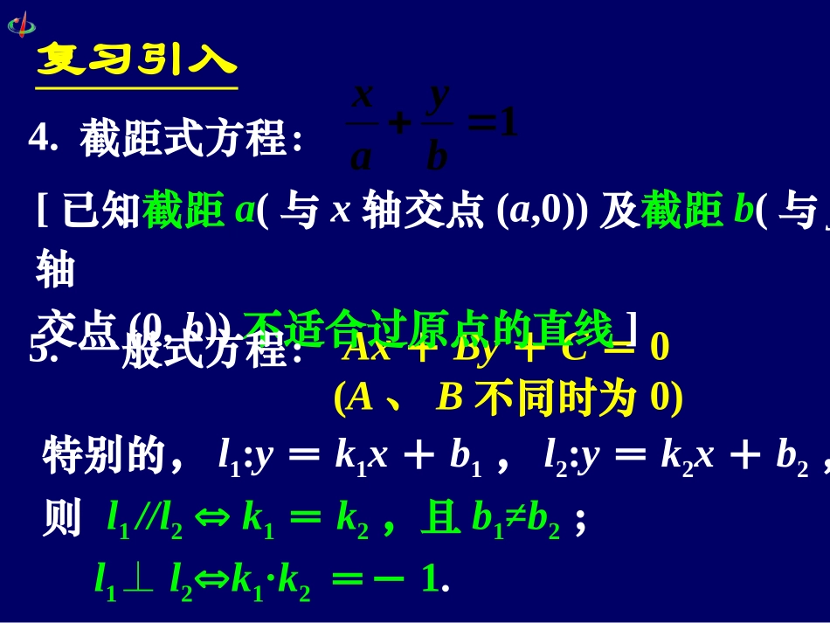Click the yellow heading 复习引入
tap(136, 60)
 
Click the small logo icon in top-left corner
tap(22, 24)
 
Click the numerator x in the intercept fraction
tap(363, 93)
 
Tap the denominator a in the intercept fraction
tap(361, 157)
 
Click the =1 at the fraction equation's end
tap(494, 125)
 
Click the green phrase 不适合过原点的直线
tap(429, 330)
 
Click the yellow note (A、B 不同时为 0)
tap(508, 398)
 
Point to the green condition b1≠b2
tap(515, 519)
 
